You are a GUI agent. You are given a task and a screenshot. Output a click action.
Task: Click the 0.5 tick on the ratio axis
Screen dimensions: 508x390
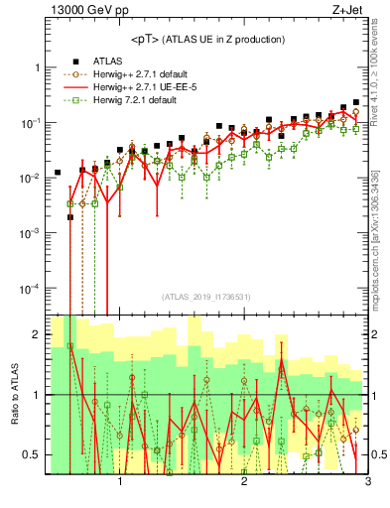click(31, 454)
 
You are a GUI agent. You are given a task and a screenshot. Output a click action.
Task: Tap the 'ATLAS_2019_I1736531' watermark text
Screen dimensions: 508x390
click(206, 297)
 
